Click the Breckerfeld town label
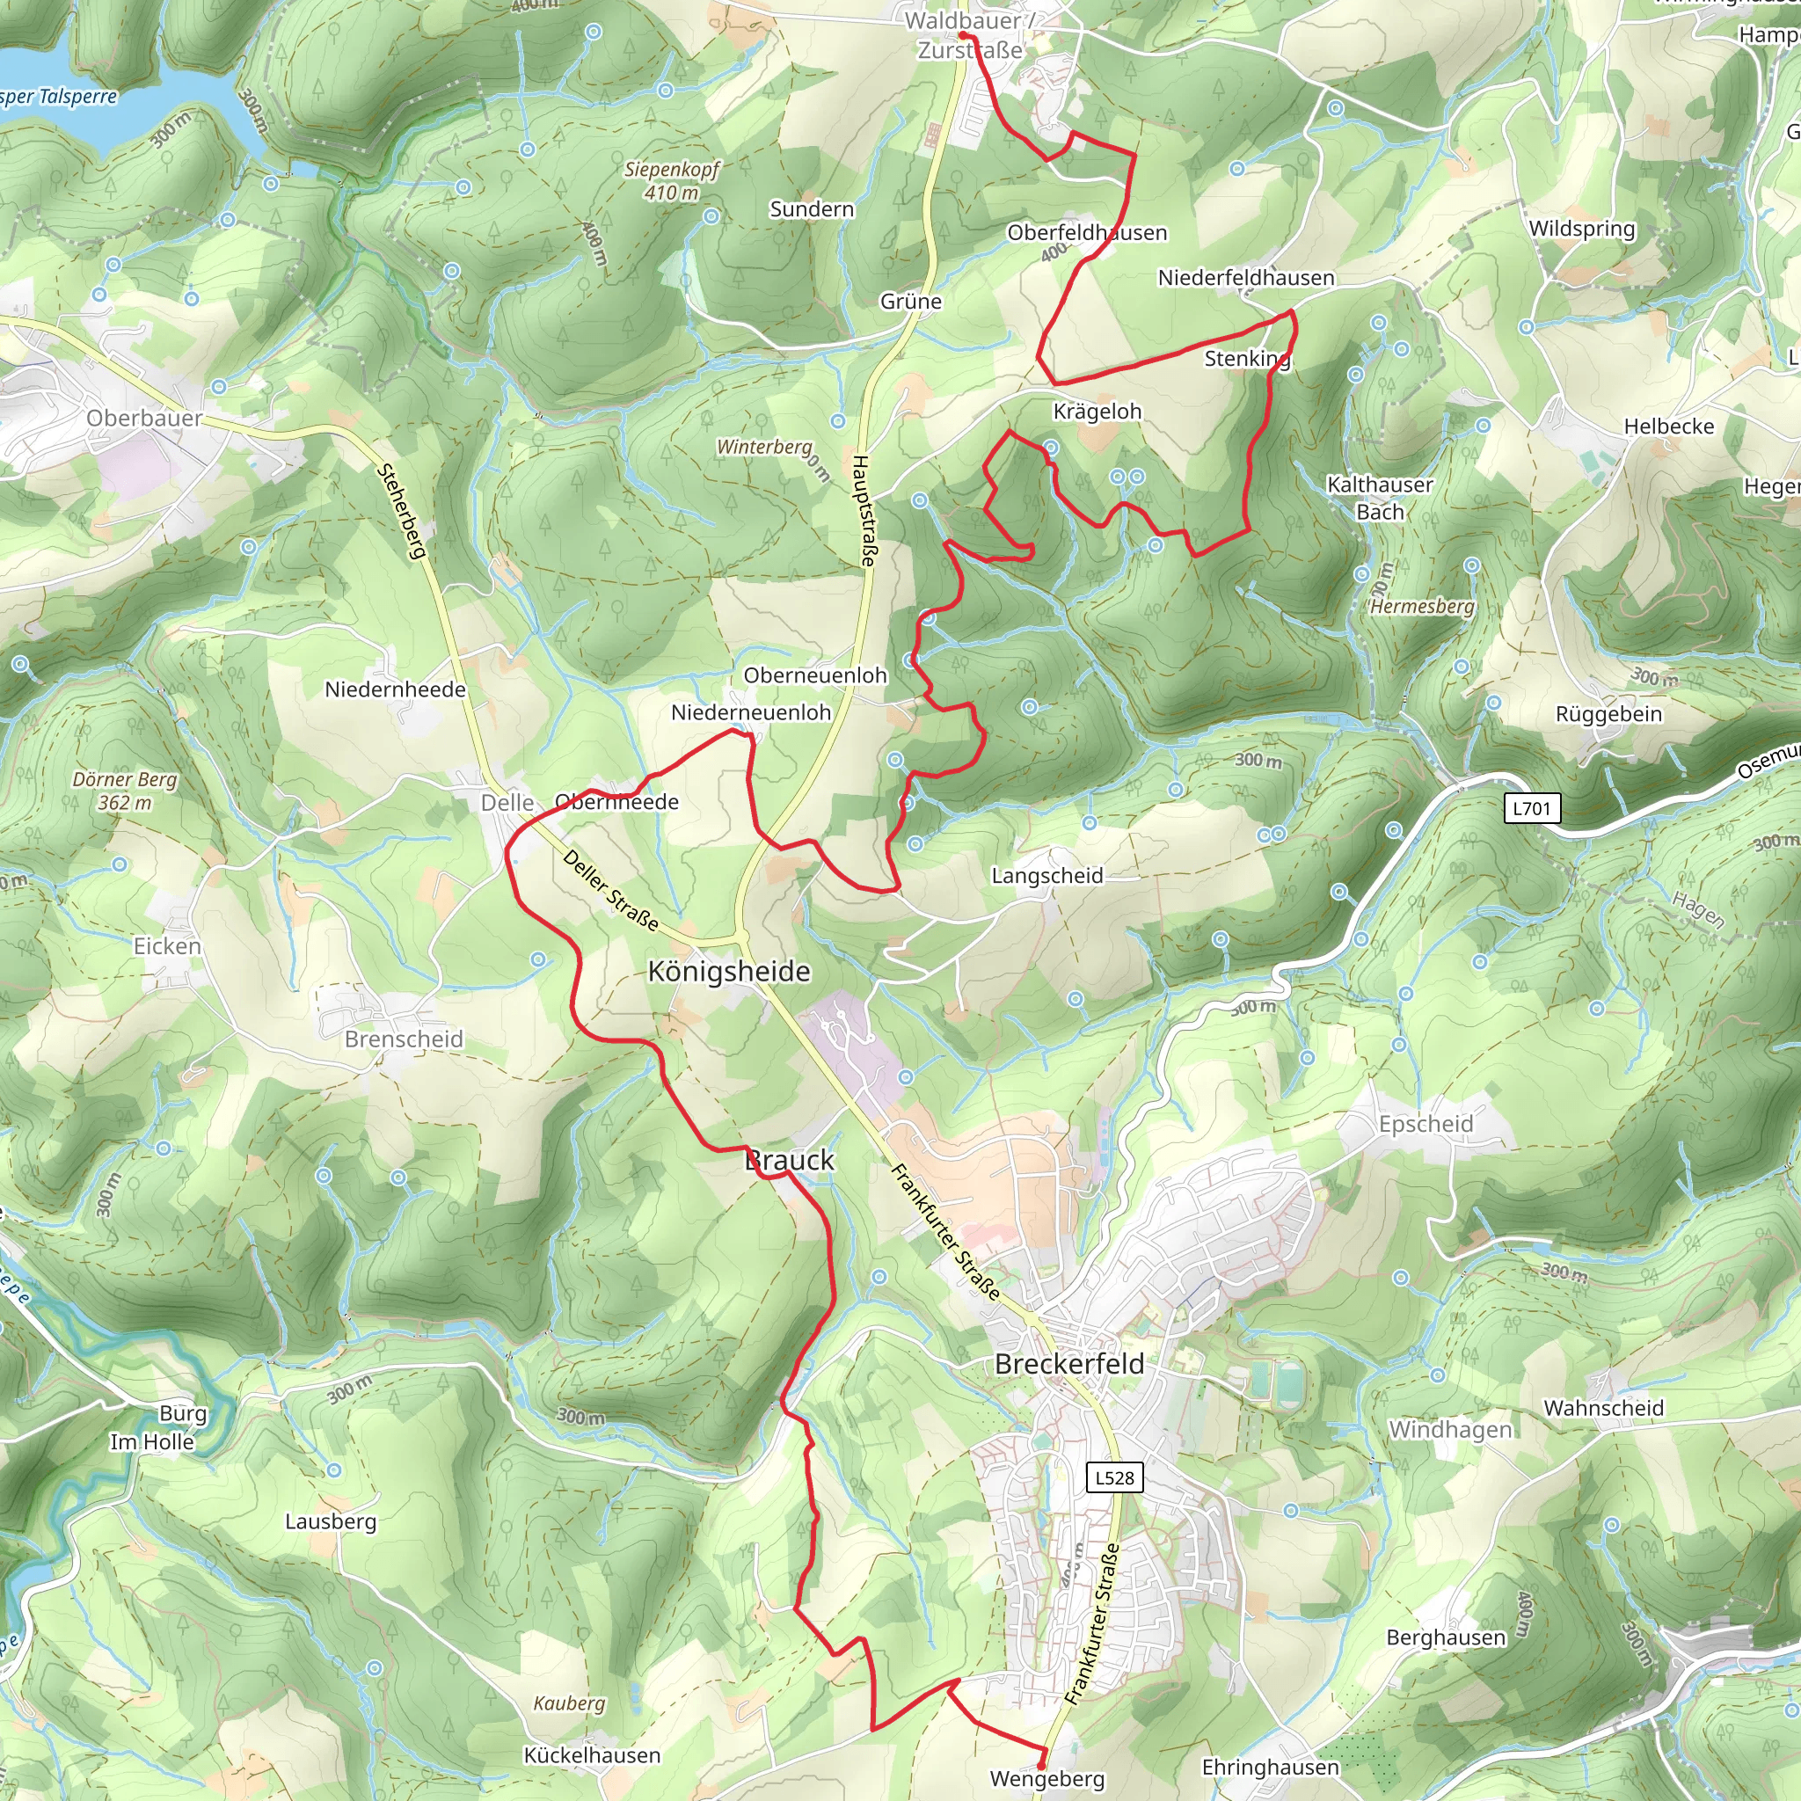[1068, 1364]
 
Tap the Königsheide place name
[729, 972]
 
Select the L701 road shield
[1532, 808]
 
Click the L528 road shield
[1115, 1477]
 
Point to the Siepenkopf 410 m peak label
[672, 181]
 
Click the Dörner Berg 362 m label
[124, 791]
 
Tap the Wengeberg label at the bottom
[1046, 1779]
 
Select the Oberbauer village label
[143, 419]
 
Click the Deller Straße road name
[610, 890]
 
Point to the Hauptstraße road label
[864, 511]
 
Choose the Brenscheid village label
[404, 1039]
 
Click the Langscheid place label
[1046, 876]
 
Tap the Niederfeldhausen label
[1245, 278]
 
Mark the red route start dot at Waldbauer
[963, 35]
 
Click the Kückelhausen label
[592, 1755]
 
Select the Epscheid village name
[1425, 1124]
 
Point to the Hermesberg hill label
[1423, 607]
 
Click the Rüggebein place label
[1608, 714]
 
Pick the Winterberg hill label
[764, 448]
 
